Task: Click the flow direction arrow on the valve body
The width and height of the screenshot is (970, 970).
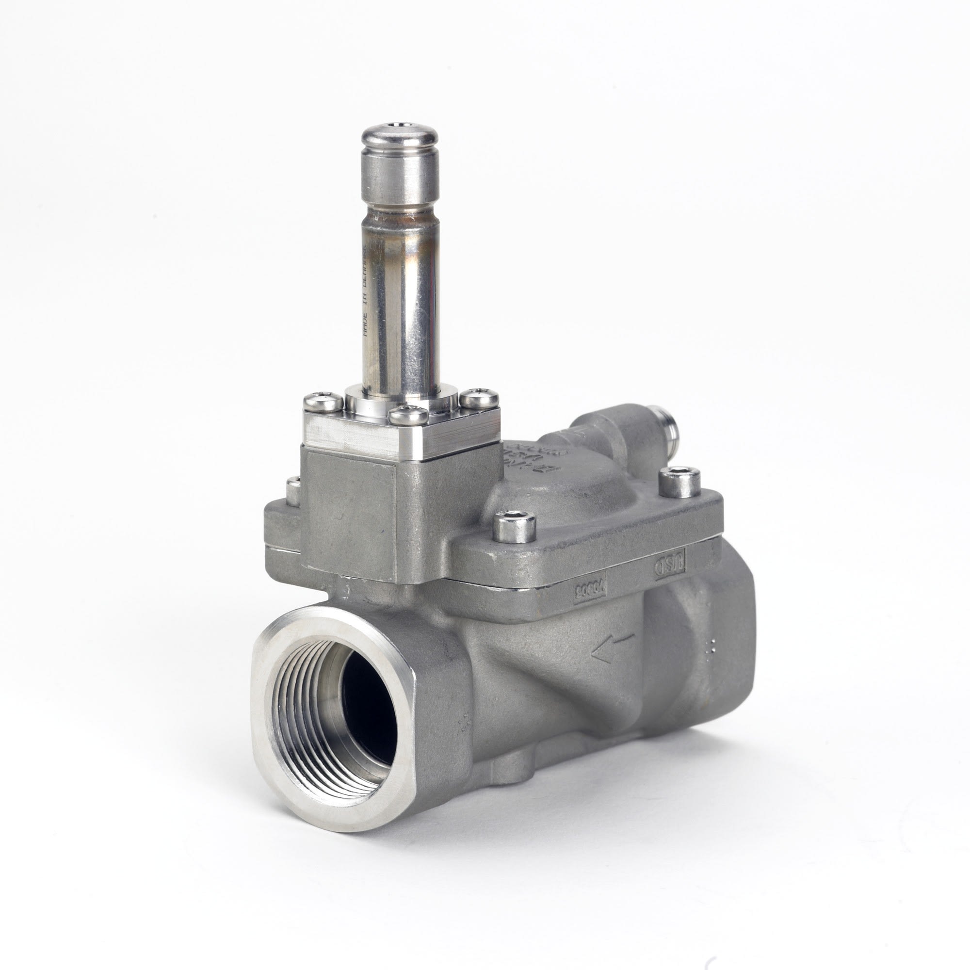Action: click(x=612, y=647)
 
